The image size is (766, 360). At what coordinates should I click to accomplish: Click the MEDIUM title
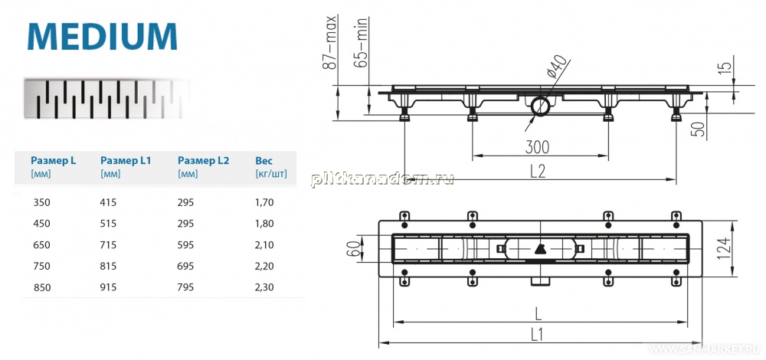(102, 36)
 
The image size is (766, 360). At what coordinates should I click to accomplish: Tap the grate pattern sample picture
(107, 99)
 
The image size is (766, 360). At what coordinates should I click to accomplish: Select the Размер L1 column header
(126, 160)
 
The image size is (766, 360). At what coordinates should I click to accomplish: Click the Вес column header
(264, 160)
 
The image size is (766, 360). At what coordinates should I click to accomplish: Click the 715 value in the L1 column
(108, 244)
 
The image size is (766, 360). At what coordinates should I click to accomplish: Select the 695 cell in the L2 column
(185, 267)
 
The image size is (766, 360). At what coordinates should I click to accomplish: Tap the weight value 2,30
(264, 288)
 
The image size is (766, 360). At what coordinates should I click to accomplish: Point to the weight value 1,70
(264, 201)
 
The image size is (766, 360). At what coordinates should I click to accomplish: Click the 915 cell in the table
(108, 288)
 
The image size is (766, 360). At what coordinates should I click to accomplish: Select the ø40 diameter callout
(558, 67)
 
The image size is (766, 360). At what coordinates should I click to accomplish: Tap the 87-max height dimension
(331, 42)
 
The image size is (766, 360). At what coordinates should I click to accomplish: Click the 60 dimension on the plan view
(354, 248)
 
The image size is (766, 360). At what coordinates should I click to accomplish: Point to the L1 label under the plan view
(537, 334)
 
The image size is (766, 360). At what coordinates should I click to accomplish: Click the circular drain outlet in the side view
(539, 106)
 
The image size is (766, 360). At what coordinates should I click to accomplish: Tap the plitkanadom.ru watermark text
(382, 179)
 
